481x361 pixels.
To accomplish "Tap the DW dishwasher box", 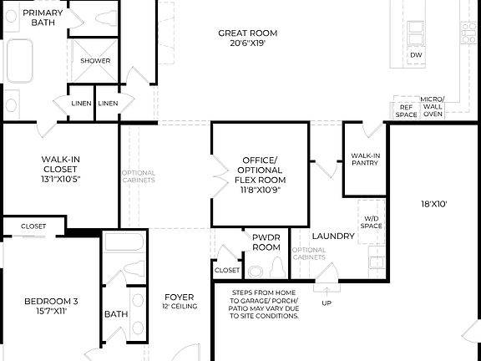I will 416,56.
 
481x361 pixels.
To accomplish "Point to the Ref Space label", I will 406,110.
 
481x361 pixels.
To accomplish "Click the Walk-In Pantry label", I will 365,159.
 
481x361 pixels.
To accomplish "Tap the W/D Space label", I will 372,222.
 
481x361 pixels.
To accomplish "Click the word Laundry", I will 333,236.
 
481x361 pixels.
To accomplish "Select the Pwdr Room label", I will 266,242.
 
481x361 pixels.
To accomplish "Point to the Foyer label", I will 179,297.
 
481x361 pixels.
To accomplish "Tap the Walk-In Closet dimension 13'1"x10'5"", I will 60,179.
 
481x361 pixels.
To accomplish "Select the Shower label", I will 95,61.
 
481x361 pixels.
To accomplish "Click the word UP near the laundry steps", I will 327,303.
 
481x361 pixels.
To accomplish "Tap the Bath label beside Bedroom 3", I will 115,314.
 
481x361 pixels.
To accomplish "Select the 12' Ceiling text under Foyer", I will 179,307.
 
